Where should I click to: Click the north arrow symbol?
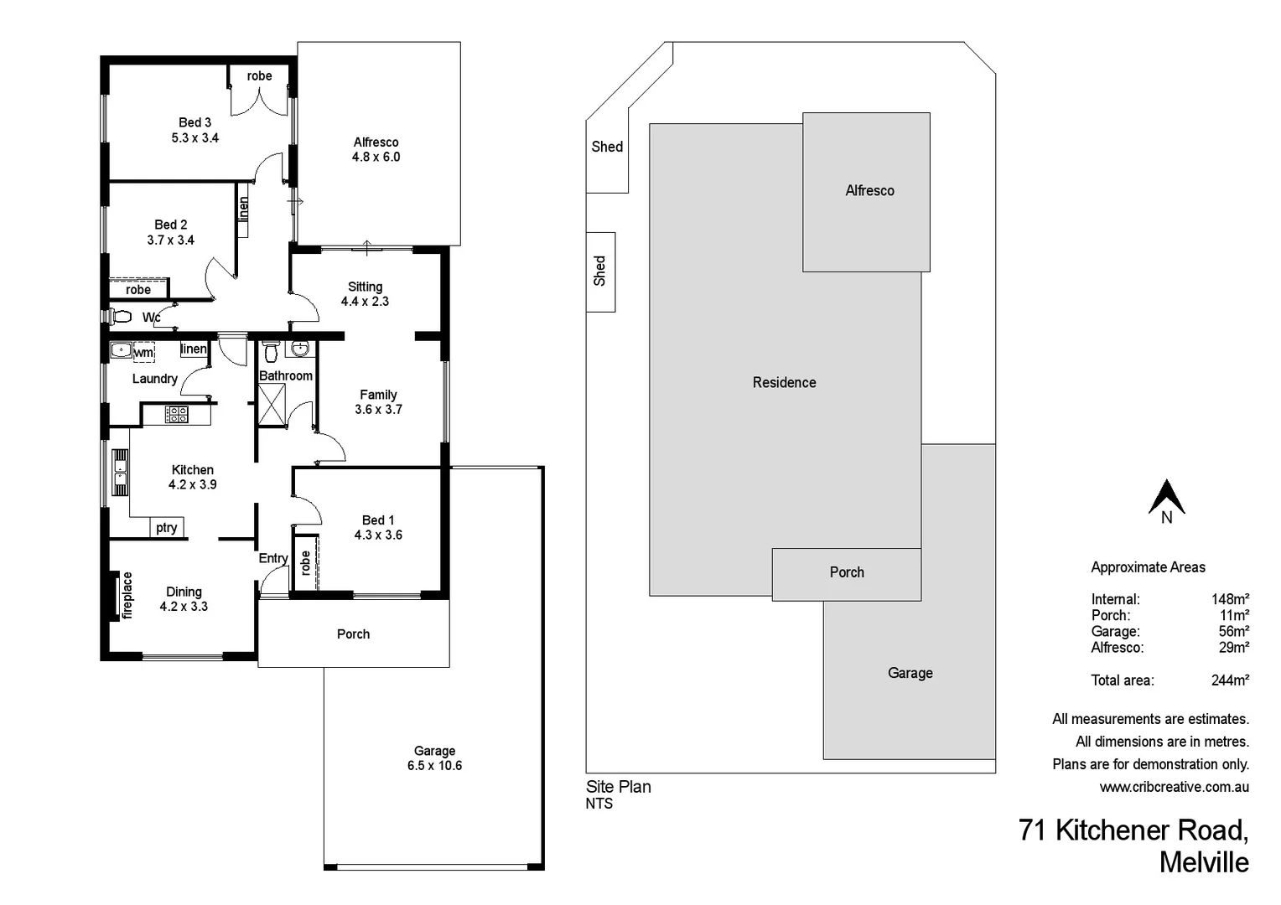point(1166,497)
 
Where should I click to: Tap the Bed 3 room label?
point(194,122)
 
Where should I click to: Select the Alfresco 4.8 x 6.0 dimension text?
point(376,157)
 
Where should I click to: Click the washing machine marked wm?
point(143,352)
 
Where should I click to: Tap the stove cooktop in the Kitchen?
point(176,413)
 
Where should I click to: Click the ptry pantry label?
point(166,527)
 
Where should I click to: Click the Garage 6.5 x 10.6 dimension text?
point(434,765)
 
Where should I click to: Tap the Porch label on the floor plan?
point(353,633)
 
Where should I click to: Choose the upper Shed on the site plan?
point(607,147)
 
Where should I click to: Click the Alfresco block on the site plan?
point(869,191)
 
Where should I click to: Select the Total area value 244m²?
point(1230,680)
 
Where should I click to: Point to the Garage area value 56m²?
point(1233,631)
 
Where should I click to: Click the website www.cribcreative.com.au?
point(1174,787)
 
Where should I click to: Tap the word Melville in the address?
point(1203,862)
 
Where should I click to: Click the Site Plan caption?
point(618,787)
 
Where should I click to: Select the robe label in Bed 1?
point(306,562)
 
